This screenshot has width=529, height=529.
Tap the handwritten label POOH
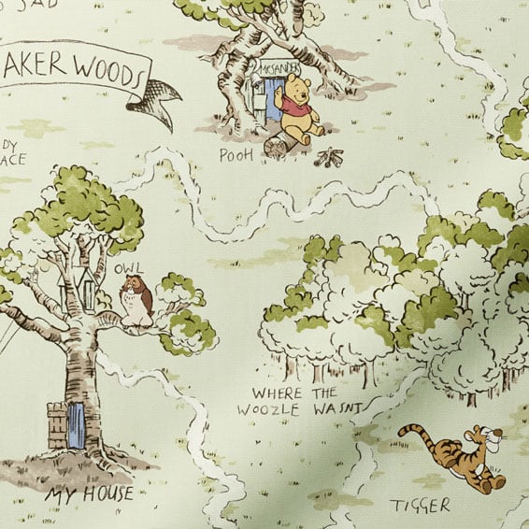(236, 153)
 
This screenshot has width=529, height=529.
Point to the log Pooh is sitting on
(281, 145)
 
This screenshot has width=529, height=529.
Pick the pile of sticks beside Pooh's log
(329, 157)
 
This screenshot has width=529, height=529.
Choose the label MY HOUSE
(93, 493)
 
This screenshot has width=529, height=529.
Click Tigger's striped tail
(418, 433)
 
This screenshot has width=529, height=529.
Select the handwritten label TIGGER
(420, 506)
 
